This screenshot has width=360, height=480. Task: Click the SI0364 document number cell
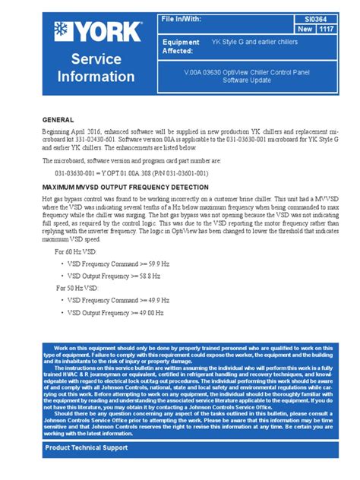pos(311,16)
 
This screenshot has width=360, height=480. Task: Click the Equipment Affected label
pos(182,47)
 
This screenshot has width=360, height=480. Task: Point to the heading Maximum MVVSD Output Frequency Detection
pos(125,186)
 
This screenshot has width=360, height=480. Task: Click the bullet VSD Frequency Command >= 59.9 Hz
pos(114,264)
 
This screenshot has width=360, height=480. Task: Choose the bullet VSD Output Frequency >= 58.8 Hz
pos(112,276)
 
